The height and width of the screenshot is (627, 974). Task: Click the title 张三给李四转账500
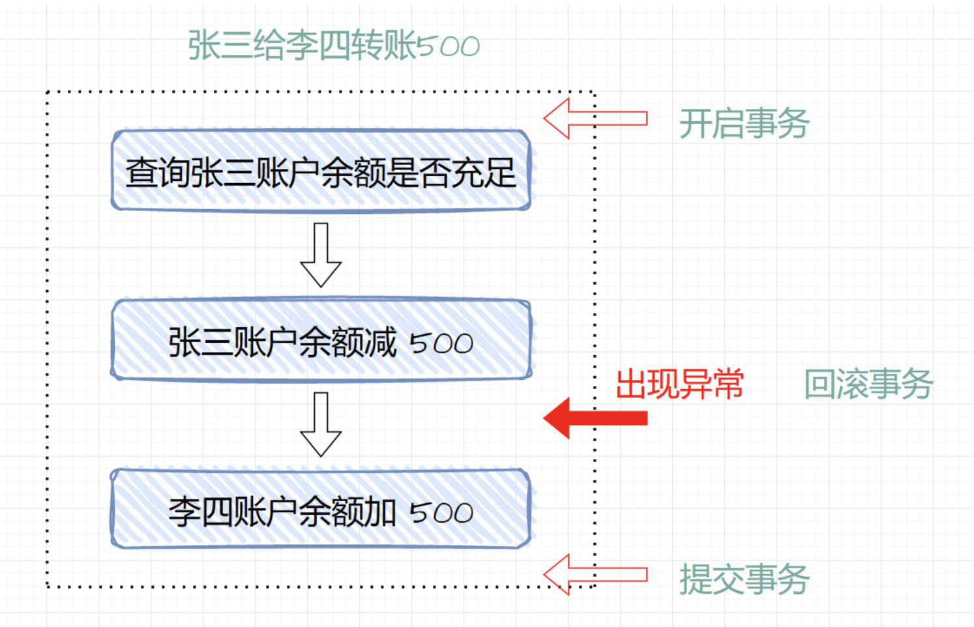(334, 46)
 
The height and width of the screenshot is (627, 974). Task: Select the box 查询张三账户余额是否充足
(321, 171)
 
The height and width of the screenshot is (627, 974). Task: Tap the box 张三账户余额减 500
(321, 340)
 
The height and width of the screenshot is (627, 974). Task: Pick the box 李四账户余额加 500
(321, 509)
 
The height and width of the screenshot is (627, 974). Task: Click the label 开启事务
(744, 123)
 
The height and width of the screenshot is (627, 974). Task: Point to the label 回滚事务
(868, 384)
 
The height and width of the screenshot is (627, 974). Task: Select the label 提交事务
(744, 579)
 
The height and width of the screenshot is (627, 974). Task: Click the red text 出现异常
(679, 384)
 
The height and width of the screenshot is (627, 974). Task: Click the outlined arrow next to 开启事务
(595, 118)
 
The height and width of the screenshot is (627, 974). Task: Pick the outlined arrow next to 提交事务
(595, 574)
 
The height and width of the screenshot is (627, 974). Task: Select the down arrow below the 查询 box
(321, 255)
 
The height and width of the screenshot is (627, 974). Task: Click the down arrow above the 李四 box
(321, 424)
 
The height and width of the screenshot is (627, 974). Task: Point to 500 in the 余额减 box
(441, 343)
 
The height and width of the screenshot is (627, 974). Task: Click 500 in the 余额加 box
(441, 512)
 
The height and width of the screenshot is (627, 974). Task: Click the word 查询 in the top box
(157, 173)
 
